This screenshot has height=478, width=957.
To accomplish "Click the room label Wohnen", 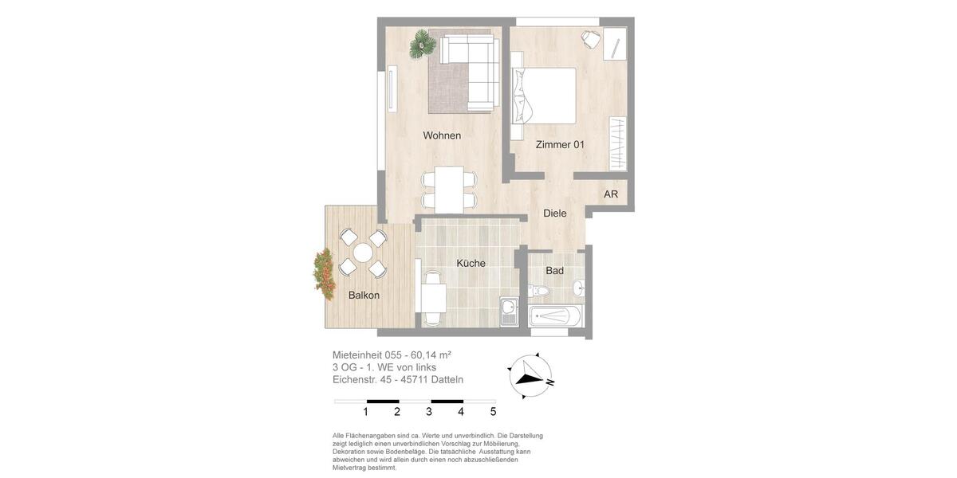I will pyautogui.click(x=442, y=135).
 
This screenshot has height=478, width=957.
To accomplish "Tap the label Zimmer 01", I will pyautogui.click(x=560, y=145).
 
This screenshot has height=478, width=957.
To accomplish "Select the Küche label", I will pyautogui.click(x=471, y=264).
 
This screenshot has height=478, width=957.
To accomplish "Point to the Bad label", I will pyautogui.click(x=555, y=271).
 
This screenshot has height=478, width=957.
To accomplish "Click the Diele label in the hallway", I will pyautogui.click(x=555, y=214).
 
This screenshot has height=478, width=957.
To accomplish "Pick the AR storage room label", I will pyautogui.click(x=611, y=194).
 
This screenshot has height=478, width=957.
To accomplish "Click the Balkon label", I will pyautogui.click(x=364, y=296).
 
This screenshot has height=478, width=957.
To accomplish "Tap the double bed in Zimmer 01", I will pyautogui.click(x=545, y=96).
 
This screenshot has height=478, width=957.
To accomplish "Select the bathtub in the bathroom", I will pyautogui.click(x=556, y=316).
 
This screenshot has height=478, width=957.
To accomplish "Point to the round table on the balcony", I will pyautogui.click(x=363, y=253).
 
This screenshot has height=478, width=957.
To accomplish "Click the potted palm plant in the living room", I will pyautogui.click(x=422, y=45).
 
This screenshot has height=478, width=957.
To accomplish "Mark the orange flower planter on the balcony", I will pyautogui.click(x=325, y=274).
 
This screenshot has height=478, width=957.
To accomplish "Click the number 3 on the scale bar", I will pyautogui.click(x=429, y=412).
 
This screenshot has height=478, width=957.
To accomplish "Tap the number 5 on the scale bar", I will pyautogui.click(x=493, y=412).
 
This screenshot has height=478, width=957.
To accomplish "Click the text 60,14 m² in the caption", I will pyautogui.click(x=431, y=355).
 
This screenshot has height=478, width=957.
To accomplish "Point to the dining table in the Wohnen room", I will pyautogui.click(x=449, y=190).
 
